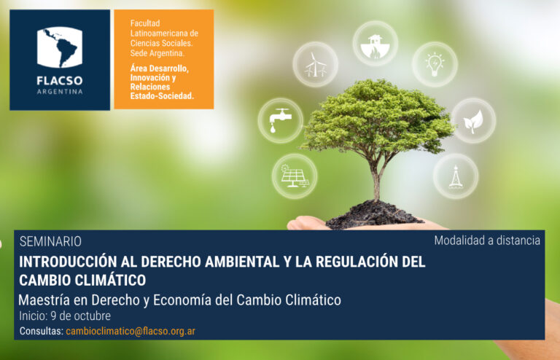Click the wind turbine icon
coord(315,65)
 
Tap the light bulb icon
coord(435,64)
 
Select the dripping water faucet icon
coord(280,120)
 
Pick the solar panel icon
coord(295,176)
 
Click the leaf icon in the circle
coord(473,121)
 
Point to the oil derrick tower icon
coord(456,176)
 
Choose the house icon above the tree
coord(375,46)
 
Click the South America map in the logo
coord(60,47)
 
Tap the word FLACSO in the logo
coord(60,81)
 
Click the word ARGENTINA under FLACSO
coord(60,92)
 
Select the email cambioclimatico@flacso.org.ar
coord(131,331)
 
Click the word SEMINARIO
coord(50,241)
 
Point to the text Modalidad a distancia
coord(487,240)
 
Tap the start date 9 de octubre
coord(81,316)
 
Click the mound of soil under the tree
coord(373,214)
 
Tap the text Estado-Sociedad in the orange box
coord(162,96)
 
